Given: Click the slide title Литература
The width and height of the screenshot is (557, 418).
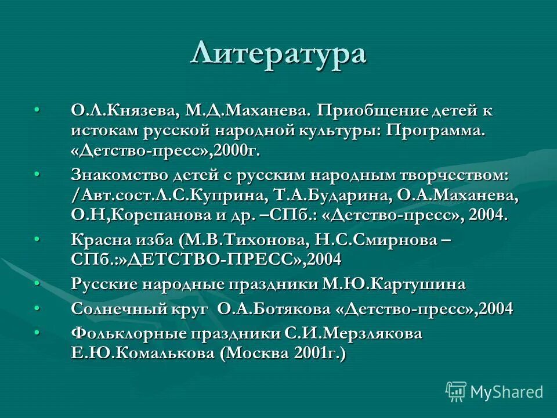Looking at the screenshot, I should pos(278,53).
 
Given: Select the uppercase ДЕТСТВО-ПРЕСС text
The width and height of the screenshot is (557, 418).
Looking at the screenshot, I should pos(209,259).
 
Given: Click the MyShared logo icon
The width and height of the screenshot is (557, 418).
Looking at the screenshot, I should pos(456,392).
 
